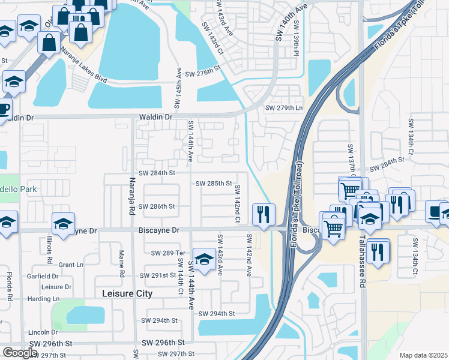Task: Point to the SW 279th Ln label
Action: click(x=285, y=108)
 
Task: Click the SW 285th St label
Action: click(x=214, y=183)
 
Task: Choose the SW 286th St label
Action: click(x=157, y=206)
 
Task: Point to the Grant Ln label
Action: click(x=71, y=265)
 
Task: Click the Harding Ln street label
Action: click(x=43, y=299)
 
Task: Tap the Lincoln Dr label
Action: click(x=43, y=332)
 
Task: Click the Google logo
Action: click(x=20, y=353)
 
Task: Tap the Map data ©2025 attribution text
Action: click(x=423, y=355)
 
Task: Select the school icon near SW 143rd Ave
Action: click(x=204, y=259)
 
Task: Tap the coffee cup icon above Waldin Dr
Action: click(x=4, y=109)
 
